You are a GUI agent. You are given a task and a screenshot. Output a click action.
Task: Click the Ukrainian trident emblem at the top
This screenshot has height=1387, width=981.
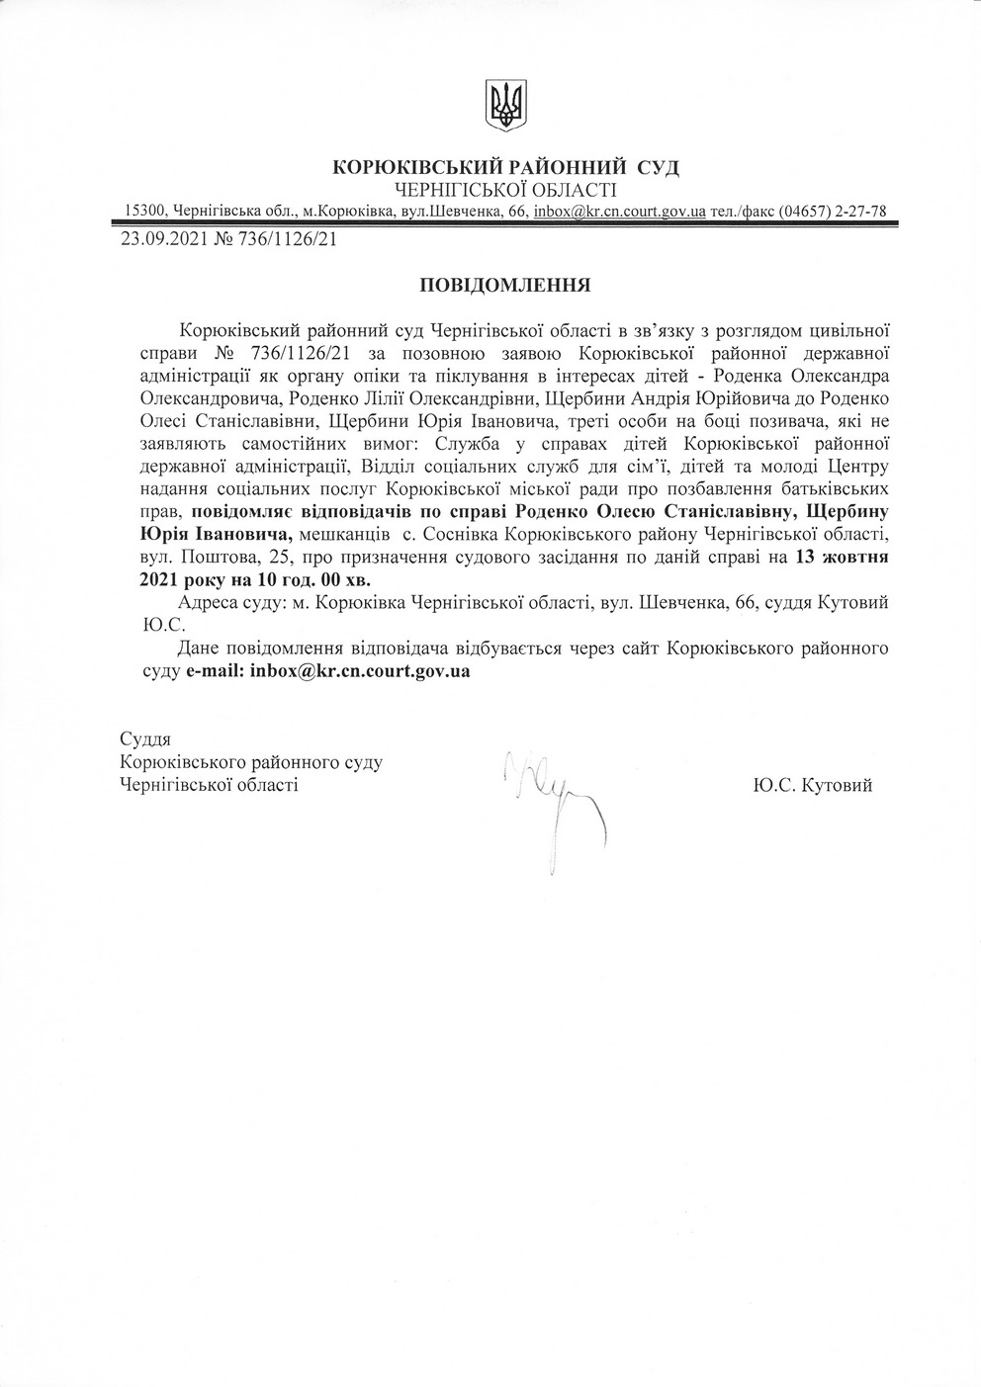pos(506,103)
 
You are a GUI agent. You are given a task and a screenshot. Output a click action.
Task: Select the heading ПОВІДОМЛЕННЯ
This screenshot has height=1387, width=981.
pos(505,287)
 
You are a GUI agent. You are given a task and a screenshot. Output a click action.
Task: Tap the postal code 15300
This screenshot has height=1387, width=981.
pos(144,211)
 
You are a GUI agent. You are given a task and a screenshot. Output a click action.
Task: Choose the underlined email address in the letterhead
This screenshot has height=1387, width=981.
pos(618,211)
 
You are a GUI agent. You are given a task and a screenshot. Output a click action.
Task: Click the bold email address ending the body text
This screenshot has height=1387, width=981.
pos(359,670)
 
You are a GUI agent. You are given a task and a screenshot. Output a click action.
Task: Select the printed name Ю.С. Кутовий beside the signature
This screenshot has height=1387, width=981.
pos(812,785)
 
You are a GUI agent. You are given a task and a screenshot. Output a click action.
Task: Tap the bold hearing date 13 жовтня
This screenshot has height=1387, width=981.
pos(841,557)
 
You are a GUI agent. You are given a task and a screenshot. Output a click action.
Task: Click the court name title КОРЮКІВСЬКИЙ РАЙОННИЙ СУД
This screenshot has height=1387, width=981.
pos(506,167)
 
